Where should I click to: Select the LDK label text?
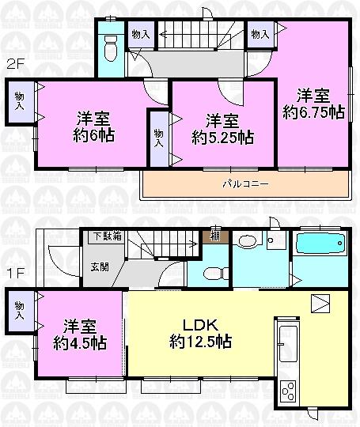coord(199,325)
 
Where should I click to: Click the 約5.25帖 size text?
coord(222,138)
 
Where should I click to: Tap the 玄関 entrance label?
coord(99,267)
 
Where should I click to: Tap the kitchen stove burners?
coord(286,390)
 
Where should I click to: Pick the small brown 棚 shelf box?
coord(215,235)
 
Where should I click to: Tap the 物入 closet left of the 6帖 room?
coord(19,100)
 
